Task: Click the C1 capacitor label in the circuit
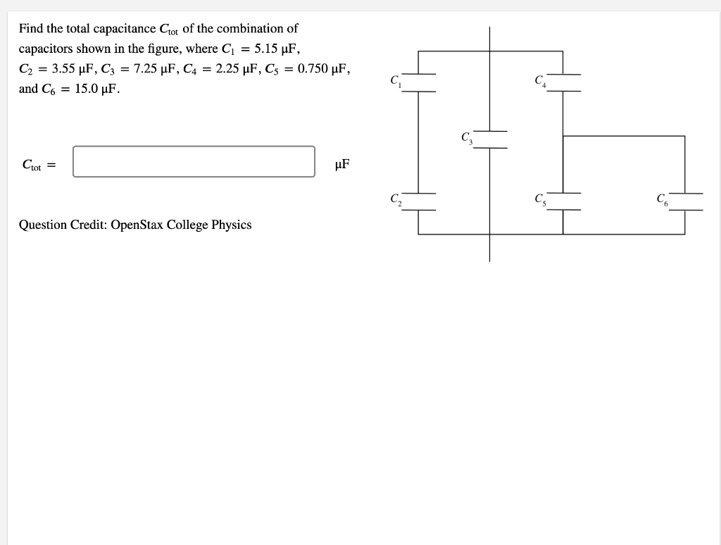(x=395, y=80)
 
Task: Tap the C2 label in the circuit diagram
(x=395, y=199)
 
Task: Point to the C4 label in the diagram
(x=540, y=80)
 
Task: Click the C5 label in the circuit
(x=540, y=199)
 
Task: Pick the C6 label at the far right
(x=662, y=199)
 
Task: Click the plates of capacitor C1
(x=418, y=82)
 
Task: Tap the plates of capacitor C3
(x=490, y=139)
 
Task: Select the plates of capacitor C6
(x=685, y=201)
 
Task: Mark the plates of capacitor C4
(x=563, y=82)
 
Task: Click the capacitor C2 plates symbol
(x=418, y=201)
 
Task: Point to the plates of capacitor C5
(x=563, y=201)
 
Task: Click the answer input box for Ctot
(x=194, y=162)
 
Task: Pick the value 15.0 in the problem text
(x=87, y=89)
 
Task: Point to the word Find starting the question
(x=31, y=29)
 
